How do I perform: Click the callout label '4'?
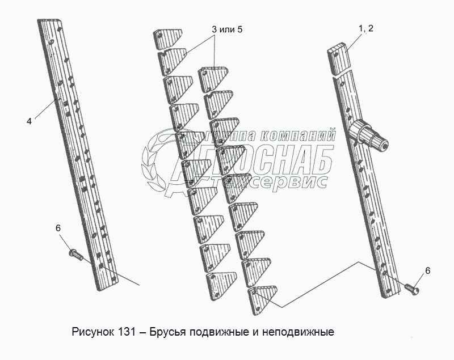point(29,121)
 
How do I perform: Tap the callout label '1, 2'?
point(366,28)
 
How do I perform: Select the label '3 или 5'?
point(227,29)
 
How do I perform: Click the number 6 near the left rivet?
point(58,228)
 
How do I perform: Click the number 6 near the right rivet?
point(428,270)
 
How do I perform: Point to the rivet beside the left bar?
point(76,255)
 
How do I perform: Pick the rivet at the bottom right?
point(411,289)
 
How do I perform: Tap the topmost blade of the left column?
point(167,39)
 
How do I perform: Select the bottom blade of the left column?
point(221,285)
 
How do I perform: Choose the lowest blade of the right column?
point(262,299)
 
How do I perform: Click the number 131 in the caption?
point(127,332)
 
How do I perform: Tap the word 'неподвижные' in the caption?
point(299,332)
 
